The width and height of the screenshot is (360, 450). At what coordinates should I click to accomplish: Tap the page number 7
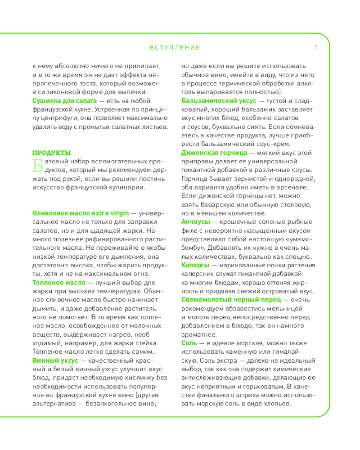pos(316,47)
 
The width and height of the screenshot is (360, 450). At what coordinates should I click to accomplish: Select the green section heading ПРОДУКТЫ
pos(52,153)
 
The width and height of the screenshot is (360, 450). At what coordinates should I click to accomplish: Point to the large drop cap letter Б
pos(38,165)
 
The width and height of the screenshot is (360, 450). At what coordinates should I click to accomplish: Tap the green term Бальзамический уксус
pos(216,100)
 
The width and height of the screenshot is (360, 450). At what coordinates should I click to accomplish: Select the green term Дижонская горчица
pos(211,153)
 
